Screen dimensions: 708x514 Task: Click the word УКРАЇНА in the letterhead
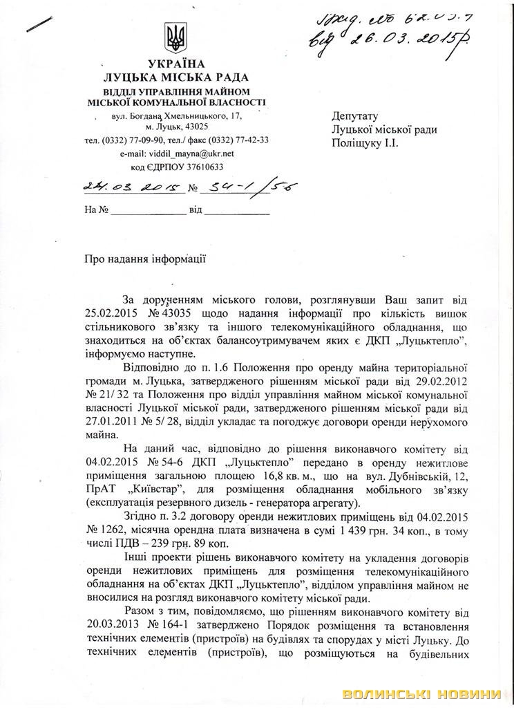tap(174, 66)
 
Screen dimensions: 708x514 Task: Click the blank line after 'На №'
tap(149, 209)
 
